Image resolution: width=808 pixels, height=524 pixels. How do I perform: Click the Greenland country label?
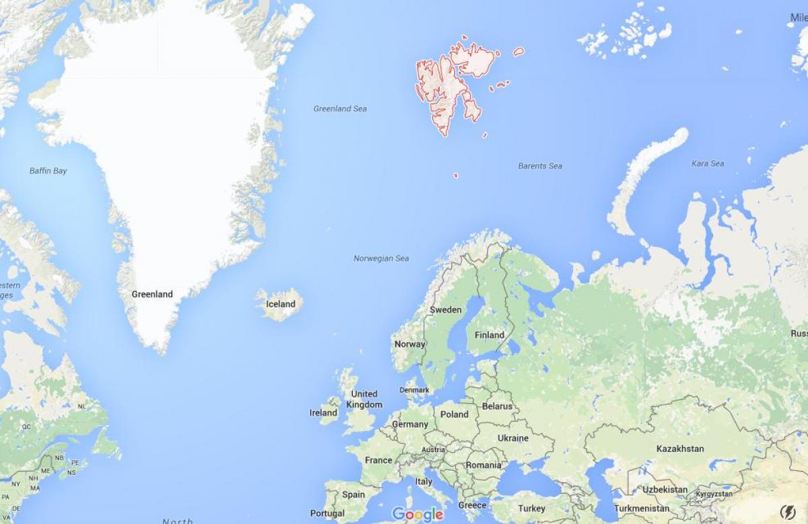(x=152, y=294)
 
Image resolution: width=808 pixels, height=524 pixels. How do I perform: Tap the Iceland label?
(x=281, y=304)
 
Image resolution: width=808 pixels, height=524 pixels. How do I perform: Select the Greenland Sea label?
(x=340, y=109)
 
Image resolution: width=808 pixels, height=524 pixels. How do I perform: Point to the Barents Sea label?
(x=540, y=166)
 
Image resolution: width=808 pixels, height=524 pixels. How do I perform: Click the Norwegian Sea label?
(x=381, y=258)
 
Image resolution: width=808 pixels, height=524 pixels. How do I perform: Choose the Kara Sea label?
(x=708, y=163)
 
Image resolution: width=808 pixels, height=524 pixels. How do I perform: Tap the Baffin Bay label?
(x=48, y=171)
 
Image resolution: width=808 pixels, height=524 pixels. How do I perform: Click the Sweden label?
(x=446, y=310)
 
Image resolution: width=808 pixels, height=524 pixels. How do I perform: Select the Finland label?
(x=490, y=335)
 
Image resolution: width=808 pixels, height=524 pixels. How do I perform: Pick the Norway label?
(x=409, y=344)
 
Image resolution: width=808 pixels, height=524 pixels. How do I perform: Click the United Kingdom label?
(x=364, y=400)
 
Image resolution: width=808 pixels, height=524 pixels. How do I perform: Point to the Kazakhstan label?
(x=680, y=449)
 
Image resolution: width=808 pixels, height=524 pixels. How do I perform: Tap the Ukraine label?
(x=513, y=438)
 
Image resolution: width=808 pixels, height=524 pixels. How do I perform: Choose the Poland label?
(x=454, y=414)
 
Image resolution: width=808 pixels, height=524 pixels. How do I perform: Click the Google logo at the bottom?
(x=417, y=515)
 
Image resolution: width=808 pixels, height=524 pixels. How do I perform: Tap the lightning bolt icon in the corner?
(x=787, y=512)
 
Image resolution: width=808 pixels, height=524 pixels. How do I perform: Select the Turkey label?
(x=532, y=509)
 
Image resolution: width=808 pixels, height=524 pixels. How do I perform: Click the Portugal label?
(x=327, y=513)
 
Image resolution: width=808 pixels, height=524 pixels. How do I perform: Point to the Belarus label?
(x=497, y=406)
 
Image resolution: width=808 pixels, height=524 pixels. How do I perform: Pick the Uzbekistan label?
(x=665, y=490)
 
